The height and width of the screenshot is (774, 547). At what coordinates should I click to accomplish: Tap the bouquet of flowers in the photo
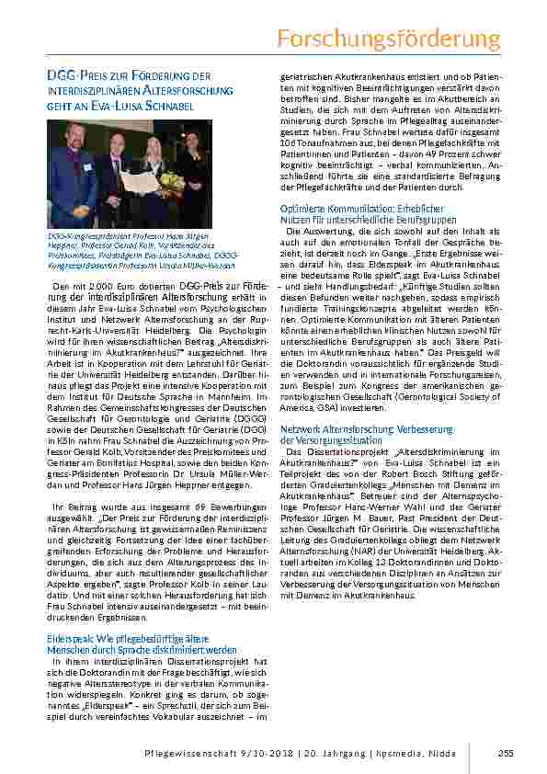click(172, 179)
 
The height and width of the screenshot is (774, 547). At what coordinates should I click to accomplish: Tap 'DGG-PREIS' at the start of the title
click(72, 75)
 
